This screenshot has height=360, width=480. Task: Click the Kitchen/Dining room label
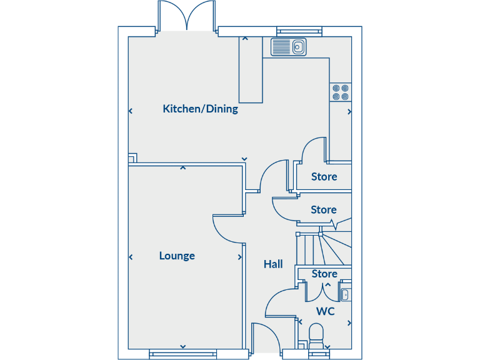click(x=200, y=109)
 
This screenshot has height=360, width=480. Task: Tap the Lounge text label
click(x=177, y=256)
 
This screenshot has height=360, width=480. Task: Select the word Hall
click(x=273, y=264)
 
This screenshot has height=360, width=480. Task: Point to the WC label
click(x=325, y=311)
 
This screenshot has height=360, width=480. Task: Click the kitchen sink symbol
click(x=288, y=46)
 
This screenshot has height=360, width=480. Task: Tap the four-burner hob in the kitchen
click(x=341, y=92)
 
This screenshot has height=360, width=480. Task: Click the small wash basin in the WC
click(x=345, y=294)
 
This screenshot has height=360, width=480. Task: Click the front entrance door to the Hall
click(x=263, y=337)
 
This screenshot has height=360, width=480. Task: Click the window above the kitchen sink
click(x=299, y=31)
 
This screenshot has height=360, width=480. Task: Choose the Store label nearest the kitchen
click(x=324, y=177)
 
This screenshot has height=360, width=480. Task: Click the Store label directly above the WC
click(x=324, y=274)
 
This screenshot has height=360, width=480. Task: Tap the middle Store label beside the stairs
click(x=324, y=210)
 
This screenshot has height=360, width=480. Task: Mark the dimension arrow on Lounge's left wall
click(x=131, y=257)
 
